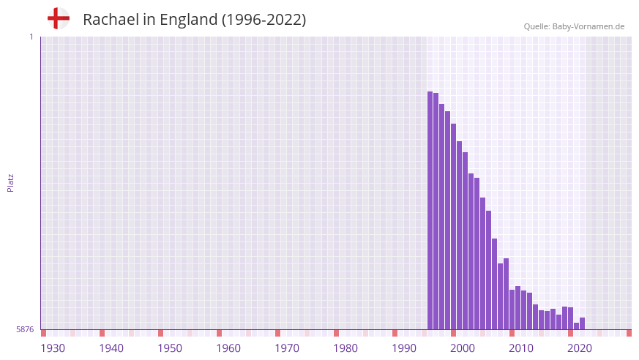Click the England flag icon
point(58,18)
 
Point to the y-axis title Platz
point(10,183)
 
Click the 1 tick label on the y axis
point(31,37)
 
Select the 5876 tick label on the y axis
point(25,330)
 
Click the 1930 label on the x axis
point(53,348)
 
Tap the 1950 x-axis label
point(170,348)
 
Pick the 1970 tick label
point(287,348)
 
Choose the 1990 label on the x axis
point(404,348)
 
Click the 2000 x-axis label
point(463,348)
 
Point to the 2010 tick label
point(521,348)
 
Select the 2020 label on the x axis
point(580,348)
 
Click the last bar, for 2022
point(583,323)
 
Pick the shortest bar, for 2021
point(577,326)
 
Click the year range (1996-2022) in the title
point(264,20)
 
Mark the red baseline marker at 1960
point(219,333)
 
